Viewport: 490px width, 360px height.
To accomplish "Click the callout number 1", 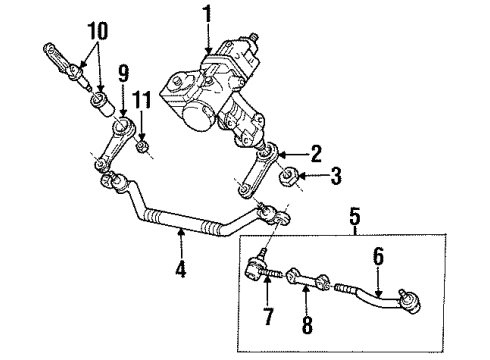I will [207, 16].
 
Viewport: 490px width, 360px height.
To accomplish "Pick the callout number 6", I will [377, 257].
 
